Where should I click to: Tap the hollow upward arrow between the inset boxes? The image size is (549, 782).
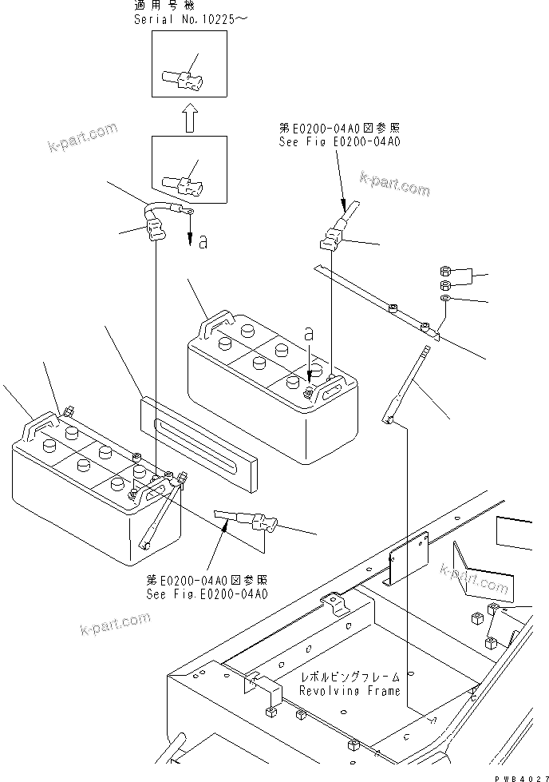[189, 120]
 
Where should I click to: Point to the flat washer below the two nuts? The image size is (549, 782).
[446, 298]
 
